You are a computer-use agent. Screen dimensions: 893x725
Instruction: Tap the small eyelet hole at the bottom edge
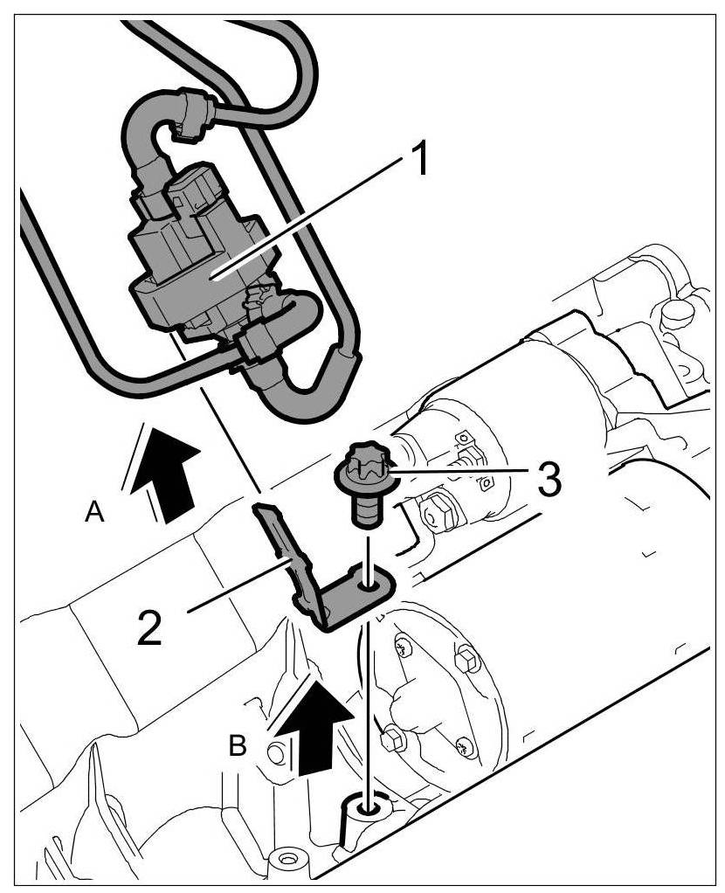click(x=285, y=861)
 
